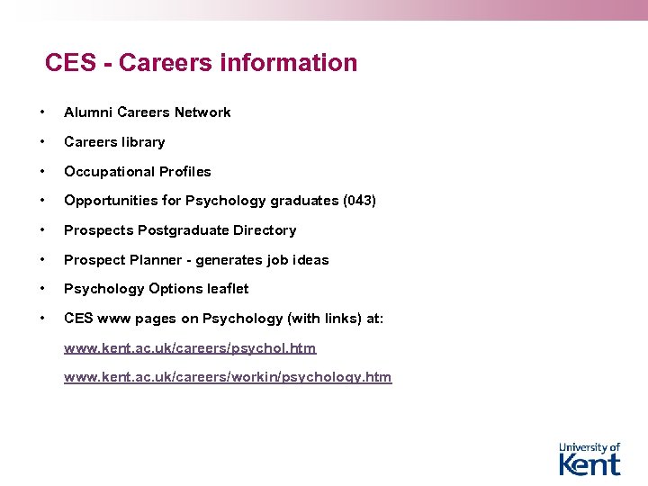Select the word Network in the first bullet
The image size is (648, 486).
point(202,112)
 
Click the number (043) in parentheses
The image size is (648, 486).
point(359,201)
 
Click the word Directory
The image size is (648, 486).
point(265,230)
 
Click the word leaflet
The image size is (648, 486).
point(228,289)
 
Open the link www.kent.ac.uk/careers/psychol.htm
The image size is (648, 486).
point(190,348)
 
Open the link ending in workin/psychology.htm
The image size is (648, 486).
point(228,377)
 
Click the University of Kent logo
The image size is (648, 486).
point(589,458)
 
